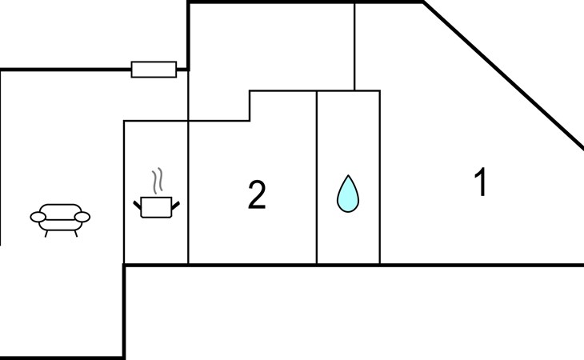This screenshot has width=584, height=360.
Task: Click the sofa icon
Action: click(x=60, y=220)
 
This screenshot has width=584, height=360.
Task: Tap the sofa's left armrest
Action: click(x=38, y=217)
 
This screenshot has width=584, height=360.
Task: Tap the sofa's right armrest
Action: click(x=82, y=217)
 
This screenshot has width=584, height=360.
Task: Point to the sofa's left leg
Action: click(x=46, y=234)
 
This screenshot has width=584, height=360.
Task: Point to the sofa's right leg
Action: click(x=76, y=234)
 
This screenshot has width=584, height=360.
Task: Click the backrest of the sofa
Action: click(x=60, y=209)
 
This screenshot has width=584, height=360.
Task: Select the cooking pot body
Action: click(x=157, y=207)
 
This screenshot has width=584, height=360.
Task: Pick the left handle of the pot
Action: click(x=137, y=205)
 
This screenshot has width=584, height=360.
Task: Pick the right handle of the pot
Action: click(x=176, y=205)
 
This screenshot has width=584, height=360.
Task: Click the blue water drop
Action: click(x=348, y=194)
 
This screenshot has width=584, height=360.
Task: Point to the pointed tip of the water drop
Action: click(x=348, y=175)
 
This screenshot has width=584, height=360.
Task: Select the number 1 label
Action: click(x=481, y=182)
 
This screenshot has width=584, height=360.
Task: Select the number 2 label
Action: click(x=257, y=194)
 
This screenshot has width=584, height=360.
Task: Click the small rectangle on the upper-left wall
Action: click(x=154, y=70)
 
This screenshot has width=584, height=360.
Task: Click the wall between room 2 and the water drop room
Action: click(x=317, y=178)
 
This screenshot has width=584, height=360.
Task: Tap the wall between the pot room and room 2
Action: click(x=189, y=167)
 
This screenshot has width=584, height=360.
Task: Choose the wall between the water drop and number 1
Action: click(x=380, y=178)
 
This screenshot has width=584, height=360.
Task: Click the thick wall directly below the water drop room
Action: click(x=348, y=265)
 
